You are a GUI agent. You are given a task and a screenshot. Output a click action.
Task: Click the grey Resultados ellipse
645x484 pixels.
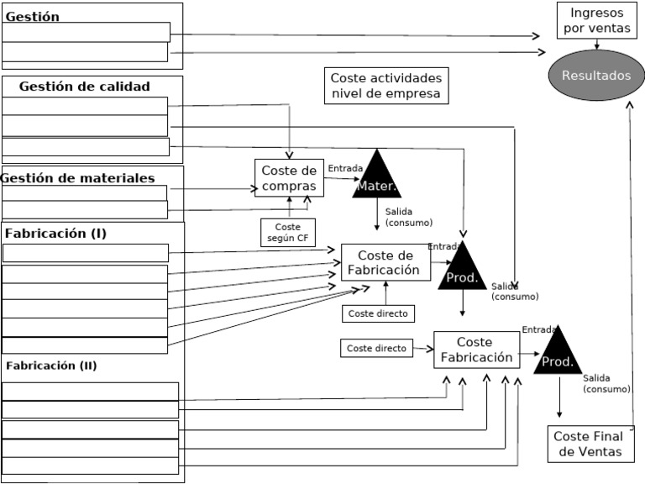click(595, 76)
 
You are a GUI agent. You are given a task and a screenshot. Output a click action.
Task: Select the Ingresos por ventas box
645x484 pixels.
click(596, 20)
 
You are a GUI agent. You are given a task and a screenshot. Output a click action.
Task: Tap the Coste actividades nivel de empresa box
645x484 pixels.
click(385, 86)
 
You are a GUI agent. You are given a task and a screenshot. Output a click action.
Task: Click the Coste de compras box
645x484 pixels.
click(289, 178)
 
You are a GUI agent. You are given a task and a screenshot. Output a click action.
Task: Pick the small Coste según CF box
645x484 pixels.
click(287, 233)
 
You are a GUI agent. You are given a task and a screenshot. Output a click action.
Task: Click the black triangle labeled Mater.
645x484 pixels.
click(377, 176)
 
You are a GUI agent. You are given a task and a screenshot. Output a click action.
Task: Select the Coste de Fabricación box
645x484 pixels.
click(385, 263)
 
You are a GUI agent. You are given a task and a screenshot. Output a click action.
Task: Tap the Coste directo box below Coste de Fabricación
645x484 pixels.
click(377, 313)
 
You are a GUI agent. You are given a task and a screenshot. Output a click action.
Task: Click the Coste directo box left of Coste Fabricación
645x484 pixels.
click(376, 348)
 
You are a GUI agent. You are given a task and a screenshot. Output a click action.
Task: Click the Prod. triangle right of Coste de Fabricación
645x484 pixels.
click(462, 269)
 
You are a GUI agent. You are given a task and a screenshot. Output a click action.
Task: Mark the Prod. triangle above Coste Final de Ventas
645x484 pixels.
click(558, 353)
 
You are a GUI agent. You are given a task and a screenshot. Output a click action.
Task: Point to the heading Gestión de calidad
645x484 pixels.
click(84, 87)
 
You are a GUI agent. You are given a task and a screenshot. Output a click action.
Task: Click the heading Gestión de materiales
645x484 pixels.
click(78, 178)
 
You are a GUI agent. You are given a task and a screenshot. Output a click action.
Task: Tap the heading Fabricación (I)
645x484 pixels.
click(55, 233)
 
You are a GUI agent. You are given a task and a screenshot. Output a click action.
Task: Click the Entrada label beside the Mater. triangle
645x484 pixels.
click(344, 169)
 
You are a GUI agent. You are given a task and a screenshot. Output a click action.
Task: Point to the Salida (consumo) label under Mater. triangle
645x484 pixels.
click(408, 217)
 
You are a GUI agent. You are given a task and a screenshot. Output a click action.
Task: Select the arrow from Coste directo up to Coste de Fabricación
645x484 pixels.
click(385, 292)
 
